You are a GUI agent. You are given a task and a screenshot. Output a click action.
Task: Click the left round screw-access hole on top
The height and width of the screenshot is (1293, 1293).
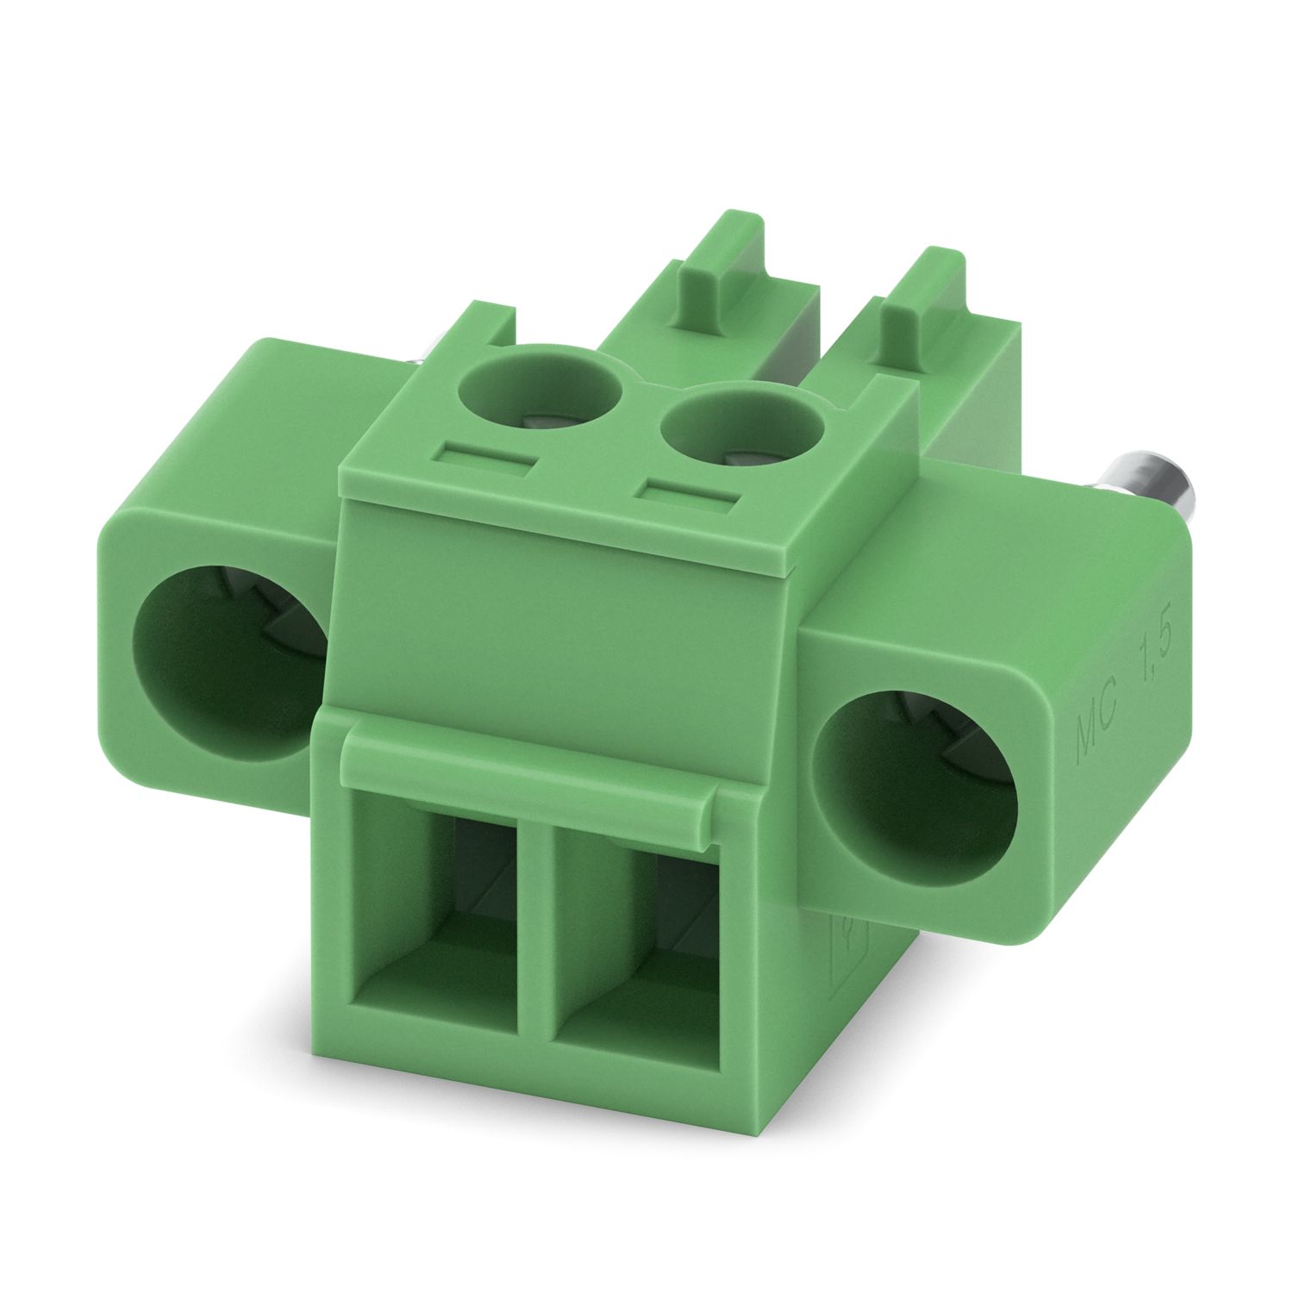[540, 388]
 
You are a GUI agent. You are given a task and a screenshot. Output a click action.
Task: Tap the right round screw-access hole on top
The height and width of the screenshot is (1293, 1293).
[740, 431]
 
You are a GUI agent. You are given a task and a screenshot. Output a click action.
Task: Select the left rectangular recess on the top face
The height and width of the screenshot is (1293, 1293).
[484, 455]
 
